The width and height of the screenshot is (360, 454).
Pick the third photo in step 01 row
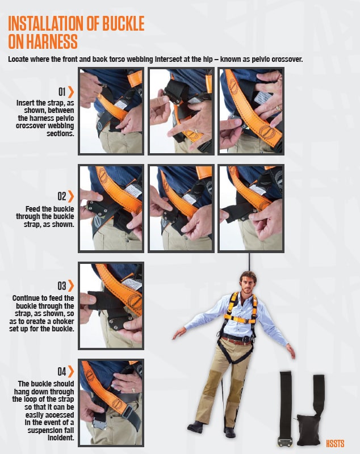tap(252, 111)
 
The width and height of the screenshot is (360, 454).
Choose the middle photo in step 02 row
tap(181, 208)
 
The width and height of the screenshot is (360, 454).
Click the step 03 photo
tap(111, 305)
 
